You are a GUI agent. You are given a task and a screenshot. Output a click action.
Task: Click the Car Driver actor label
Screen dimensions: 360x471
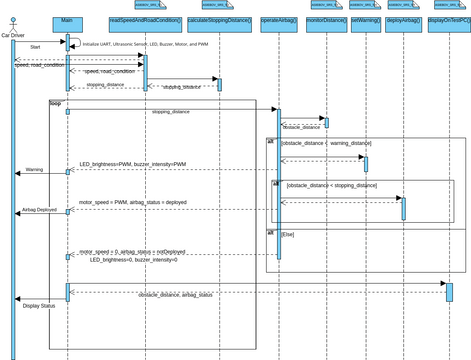pos(13,35)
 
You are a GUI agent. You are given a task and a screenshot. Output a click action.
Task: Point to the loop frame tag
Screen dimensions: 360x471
pos(55,103)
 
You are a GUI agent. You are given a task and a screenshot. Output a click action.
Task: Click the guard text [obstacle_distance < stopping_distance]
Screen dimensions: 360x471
pos(331,186)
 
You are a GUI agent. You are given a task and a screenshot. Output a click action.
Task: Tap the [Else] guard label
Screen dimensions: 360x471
pos(288,233)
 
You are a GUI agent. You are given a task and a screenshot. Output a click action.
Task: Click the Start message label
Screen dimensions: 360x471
pos(35,47)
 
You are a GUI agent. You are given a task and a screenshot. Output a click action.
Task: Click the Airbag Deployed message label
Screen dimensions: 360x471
pos(39,211)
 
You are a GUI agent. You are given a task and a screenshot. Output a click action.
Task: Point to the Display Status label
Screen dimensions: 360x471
pos(39,305)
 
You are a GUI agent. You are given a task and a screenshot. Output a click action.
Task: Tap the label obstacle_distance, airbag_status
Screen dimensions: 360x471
pos(175,295)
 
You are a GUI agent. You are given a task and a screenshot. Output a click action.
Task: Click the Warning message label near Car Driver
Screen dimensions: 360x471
pos(34,170)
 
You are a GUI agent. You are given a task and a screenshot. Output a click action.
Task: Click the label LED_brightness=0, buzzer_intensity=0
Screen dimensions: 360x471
pos(132,260)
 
